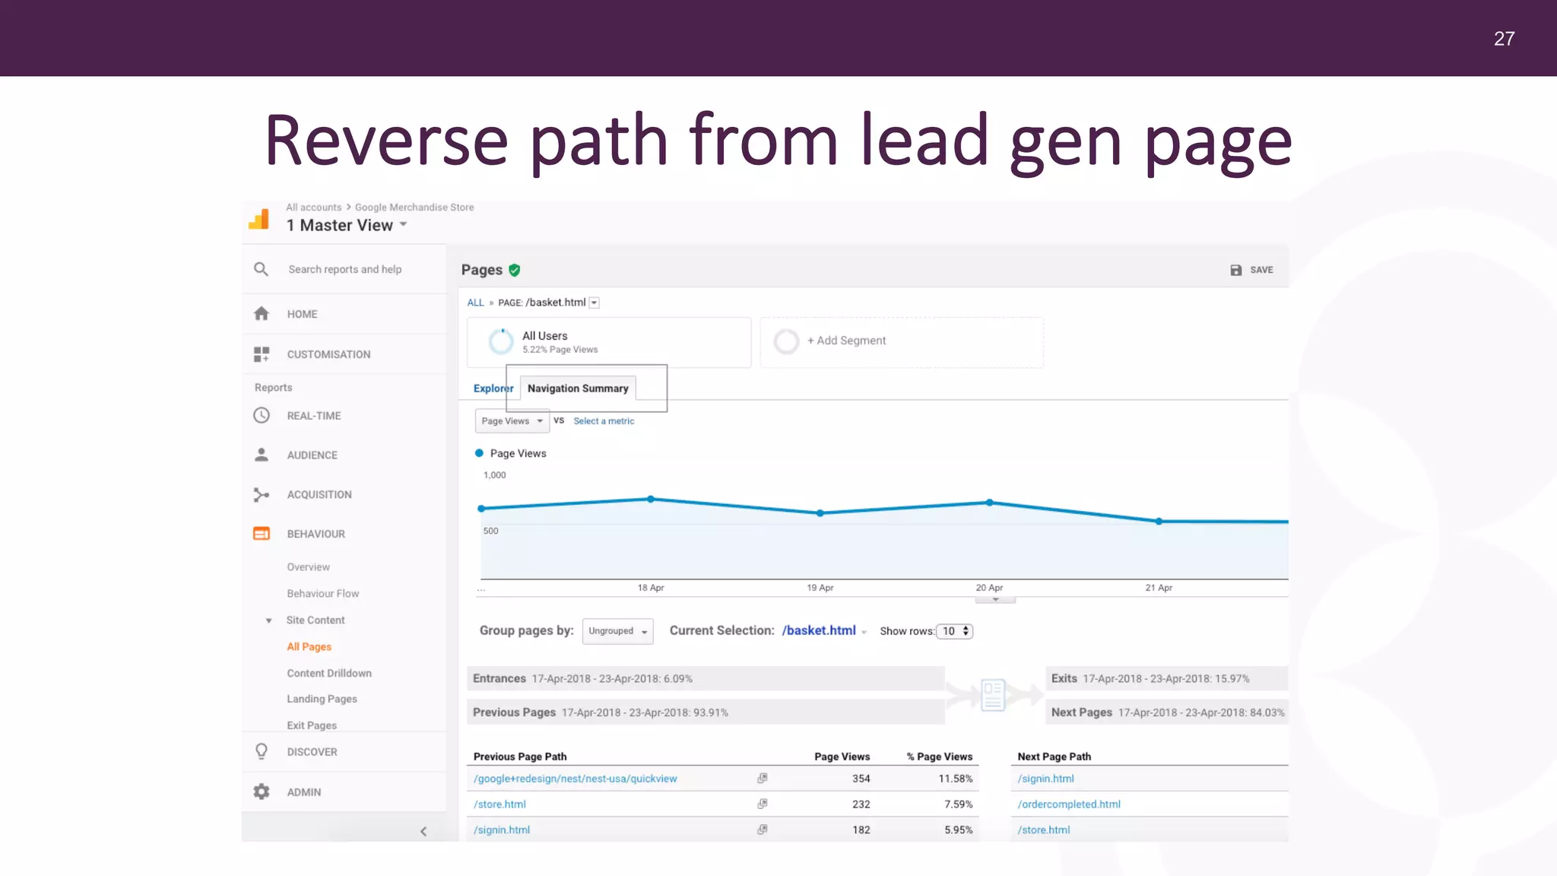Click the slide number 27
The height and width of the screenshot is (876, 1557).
click(x=1504, y=39)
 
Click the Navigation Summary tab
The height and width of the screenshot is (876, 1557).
click(x=578, y=389)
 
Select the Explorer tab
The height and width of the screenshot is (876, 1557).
click(x=493, y=389)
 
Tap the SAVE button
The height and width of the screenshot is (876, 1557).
click(x=1252, y=270)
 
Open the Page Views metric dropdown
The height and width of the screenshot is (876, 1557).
click(x=512, y=421)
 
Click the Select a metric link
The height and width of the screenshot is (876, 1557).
click(x=604, y=421)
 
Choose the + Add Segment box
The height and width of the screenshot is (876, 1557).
click(x=901, y=341)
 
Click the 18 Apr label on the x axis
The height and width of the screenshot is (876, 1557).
click(x=651, y=588)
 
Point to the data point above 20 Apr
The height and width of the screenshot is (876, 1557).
click(x=989, y=503)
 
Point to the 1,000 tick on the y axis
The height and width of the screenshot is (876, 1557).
click(x=494, y=475)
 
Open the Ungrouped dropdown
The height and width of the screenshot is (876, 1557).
click(x=617, y=631)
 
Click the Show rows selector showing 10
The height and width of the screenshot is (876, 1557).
click(x=955, y=631)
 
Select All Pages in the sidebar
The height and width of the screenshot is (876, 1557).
click(x=309, y=647)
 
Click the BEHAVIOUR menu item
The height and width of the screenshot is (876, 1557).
click(x=316, y=534)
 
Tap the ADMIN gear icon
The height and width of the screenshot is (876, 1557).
click(x=262, y=792)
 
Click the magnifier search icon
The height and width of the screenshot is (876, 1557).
click(x=261, y=269)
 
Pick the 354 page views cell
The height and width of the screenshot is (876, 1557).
click(x=861, y=779)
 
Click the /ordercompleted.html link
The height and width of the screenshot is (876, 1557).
click(x=1069, y=805)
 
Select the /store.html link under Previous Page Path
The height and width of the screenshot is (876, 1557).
click(x=499, y=805)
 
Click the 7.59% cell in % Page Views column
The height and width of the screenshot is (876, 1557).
click(x=958, y=805)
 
